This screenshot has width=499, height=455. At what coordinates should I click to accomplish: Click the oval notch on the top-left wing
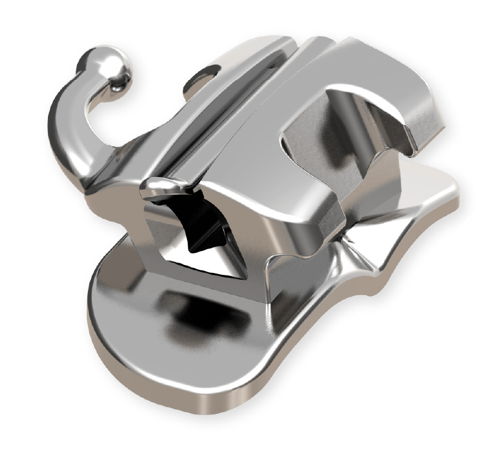tap(206, 72)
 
